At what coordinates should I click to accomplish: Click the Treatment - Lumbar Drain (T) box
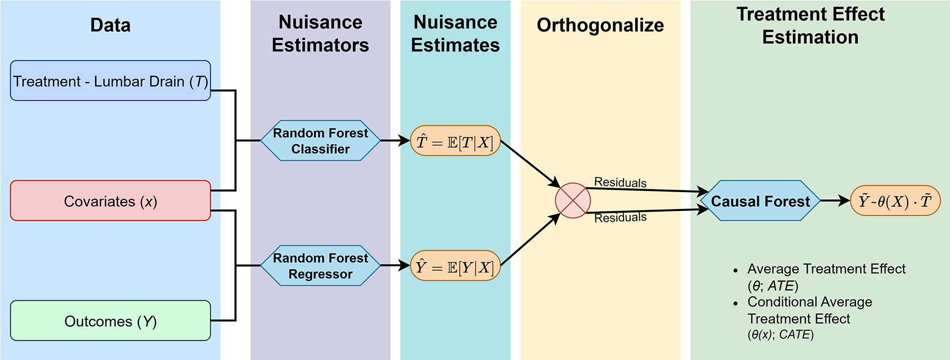110,80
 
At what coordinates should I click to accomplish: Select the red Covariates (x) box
110,201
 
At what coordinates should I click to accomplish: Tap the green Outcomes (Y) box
110,321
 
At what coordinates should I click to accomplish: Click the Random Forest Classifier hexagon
320,140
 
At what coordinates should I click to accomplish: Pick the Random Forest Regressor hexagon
320,265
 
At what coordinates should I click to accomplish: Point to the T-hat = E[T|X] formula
455,141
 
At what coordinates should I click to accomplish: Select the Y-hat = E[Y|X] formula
455,266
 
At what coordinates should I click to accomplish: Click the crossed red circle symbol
572,201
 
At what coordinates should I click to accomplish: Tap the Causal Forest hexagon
760,201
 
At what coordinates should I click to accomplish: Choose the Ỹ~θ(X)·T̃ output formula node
895,201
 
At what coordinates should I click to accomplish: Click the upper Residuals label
620,182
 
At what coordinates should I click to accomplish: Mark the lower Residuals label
620,218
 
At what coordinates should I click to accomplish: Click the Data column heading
110,25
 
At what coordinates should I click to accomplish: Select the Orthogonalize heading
600,25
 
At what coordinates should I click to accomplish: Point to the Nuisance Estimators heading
320,34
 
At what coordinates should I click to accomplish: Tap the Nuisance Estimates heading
455,34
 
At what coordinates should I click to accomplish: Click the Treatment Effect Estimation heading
810,26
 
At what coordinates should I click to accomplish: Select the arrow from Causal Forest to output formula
835,201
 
